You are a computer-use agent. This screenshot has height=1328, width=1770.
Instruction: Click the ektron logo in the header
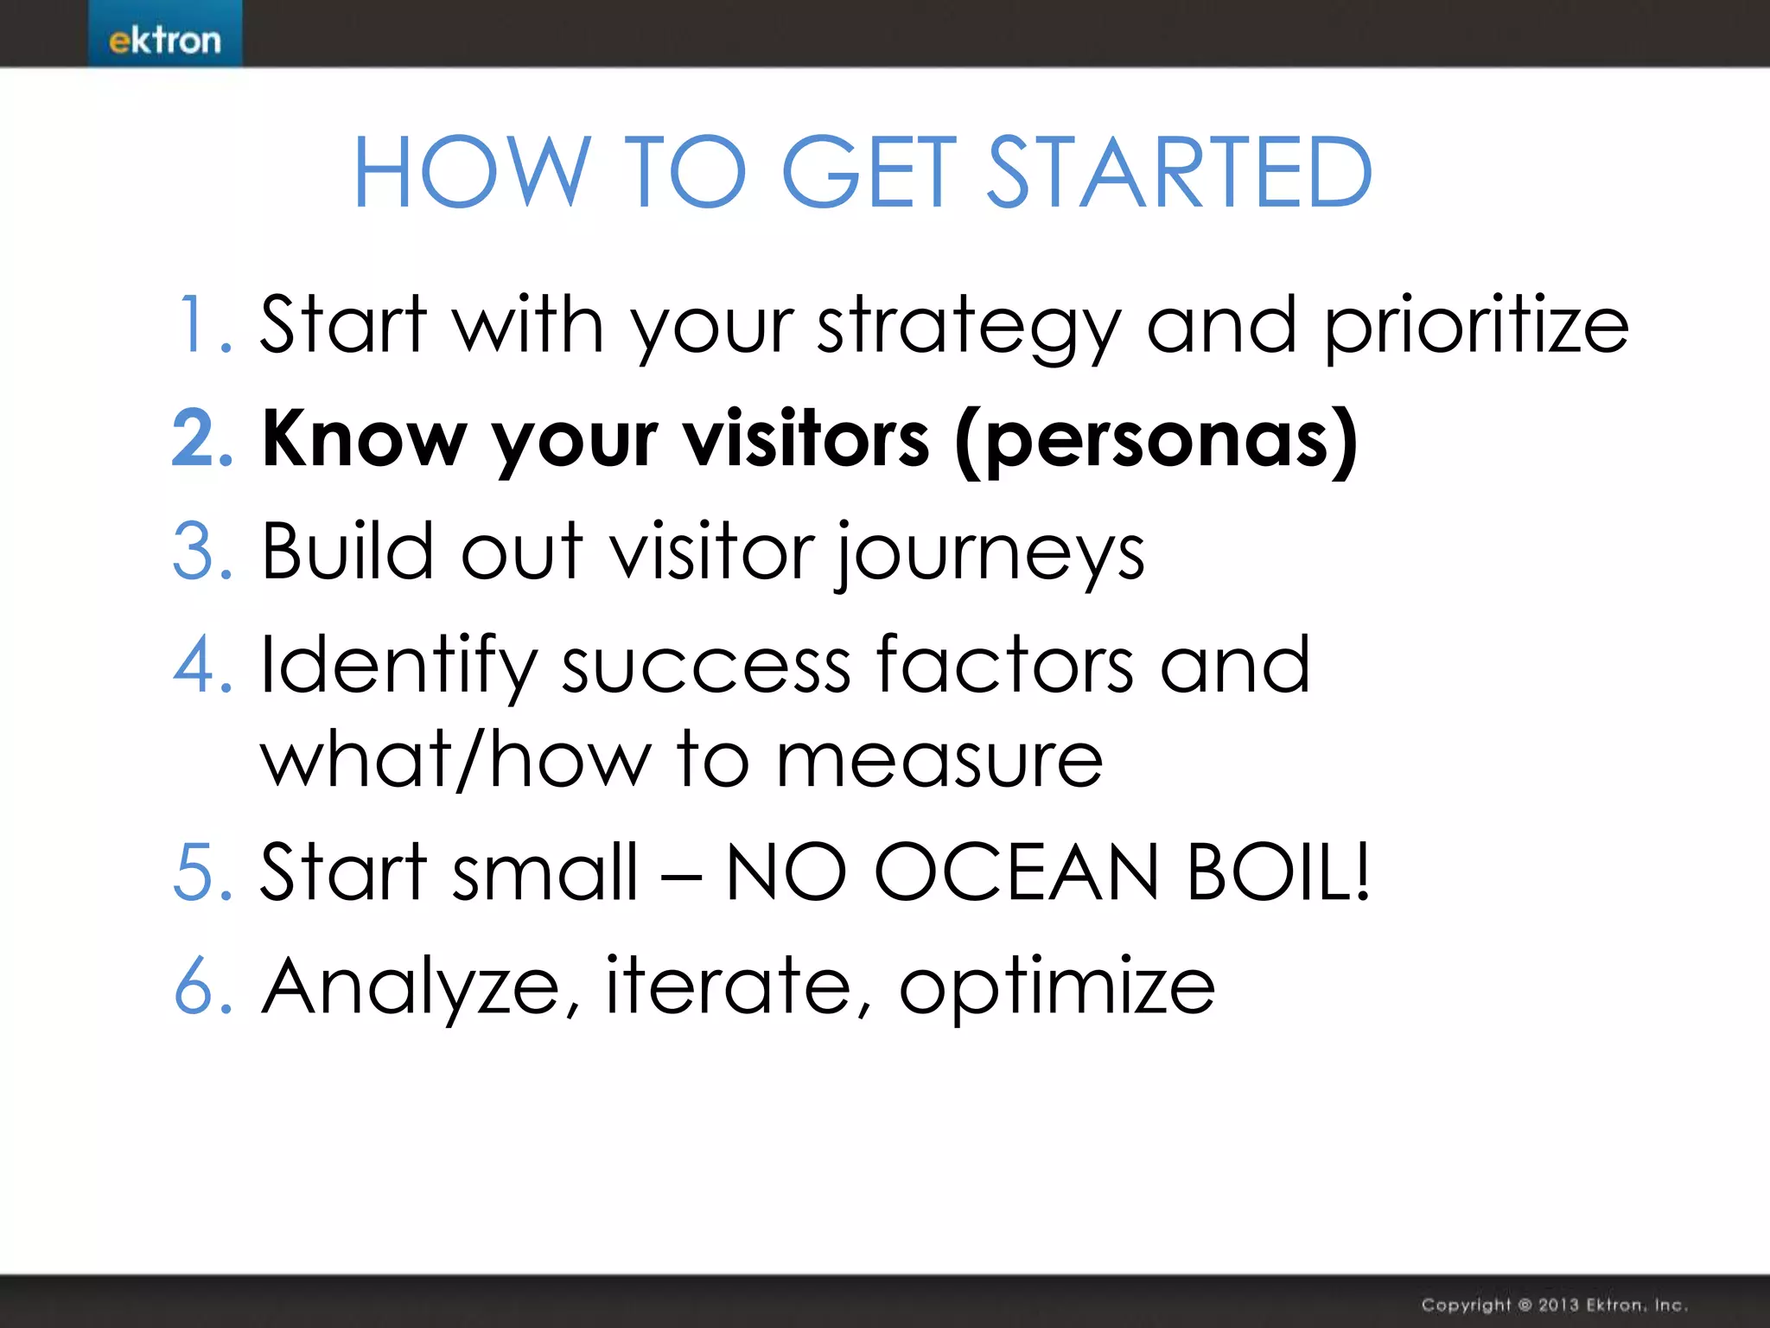pos(164,40)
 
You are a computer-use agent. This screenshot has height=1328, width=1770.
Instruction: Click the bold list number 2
pos(202,438)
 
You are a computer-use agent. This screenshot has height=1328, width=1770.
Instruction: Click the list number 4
pos(202,665)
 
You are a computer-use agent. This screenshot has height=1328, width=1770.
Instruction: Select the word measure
pos(939,762)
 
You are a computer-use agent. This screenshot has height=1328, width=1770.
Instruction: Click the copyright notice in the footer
pos(1553,1305)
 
